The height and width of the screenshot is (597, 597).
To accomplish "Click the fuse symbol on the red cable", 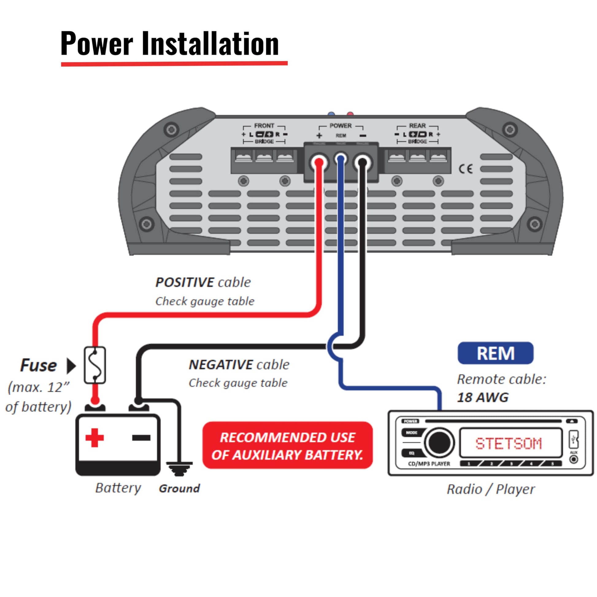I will [x=95, y=365].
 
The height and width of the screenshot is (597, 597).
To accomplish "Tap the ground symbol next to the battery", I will [x=179, y=468].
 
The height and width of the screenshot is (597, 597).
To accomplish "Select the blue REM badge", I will [x=495, y=353].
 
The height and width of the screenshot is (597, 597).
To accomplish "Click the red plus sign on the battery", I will [x=94, y=437].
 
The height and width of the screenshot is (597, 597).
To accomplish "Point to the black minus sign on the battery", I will [x=141, y=437].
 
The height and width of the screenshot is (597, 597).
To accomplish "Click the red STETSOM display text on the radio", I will [x=508, y=443].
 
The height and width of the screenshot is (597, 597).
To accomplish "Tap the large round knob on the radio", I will [x=439, y=442].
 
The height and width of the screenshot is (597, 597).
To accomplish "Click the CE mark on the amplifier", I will [x=465, y=169].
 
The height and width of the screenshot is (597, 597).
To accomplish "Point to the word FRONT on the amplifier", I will [x=264, y=126].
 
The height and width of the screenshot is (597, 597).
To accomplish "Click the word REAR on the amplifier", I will [x=417, y=126].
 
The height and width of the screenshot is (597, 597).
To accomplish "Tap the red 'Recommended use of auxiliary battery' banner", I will [x=287, y=446].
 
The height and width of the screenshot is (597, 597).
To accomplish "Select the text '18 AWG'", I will [x=483, y=397].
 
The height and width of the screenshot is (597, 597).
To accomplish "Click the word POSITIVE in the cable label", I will [x=184, y=282].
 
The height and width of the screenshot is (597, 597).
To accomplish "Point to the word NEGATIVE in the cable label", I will [x=221, y=365].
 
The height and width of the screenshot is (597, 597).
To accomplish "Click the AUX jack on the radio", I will [x=574, y=459].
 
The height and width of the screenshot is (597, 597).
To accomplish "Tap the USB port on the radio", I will [x=573, y=439].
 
